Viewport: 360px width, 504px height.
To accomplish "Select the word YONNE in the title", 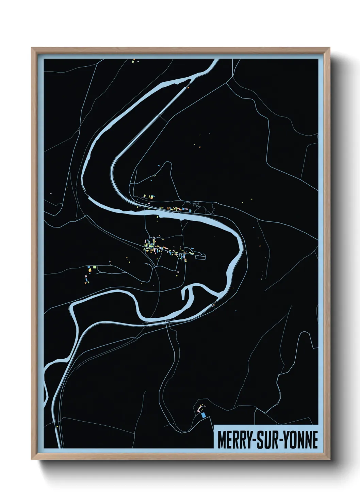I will [300, 440].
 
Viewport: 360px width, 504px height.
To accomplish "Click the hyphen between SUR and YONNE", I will [281, 441].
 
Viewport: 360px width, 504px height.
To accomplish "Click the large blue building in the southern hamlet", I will [203, 415].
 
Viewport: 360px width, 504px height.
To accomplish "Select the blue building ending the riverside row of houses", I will [185, 208].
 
